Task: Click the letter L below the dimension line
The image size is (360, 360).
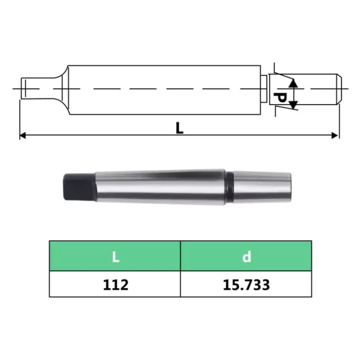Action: pos(179,127)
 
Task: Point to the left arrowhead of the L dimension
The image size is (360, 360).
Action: pos(23,135)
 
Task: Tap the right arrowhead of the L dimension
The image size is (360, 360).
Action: pos(335,135)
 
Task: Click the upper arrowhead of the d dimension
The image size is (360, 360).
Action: pos(294,82)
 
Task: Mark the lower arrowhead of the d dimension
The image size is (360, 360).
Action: pos(294,107)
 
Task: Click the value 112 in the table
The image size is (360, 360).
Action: pos(114,286)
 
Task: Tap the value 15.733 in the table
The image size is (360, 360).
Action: pos(246,286)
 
